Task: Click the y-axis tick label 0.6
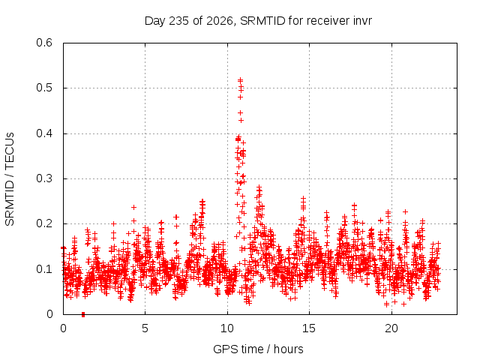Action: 44,43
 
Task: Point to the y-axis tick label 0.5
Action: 44,88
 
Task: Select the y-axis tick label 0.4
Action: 44,133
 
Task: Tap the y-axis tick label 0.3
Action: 44,178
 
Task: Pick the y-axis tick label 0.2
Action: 44,223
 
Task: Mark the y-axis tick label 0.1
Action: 44,269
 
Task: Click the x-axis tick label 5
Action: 145,328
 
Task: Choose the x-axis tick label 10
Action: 227,328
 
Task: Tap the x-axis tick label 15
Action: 309,328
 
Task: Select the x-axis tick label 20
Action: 391,328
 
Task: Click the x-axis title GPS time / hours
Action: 258,349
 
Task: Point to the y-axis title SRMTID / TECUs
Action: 10,179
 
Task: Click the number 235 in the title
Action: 178,21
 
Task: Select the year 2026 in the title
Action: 220,21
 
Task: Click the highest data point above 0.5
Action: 240,80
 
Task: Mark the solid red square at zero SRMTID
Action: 83,314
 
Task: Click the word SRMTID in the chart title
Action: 262,21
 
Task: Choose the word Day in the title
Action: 155,21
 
